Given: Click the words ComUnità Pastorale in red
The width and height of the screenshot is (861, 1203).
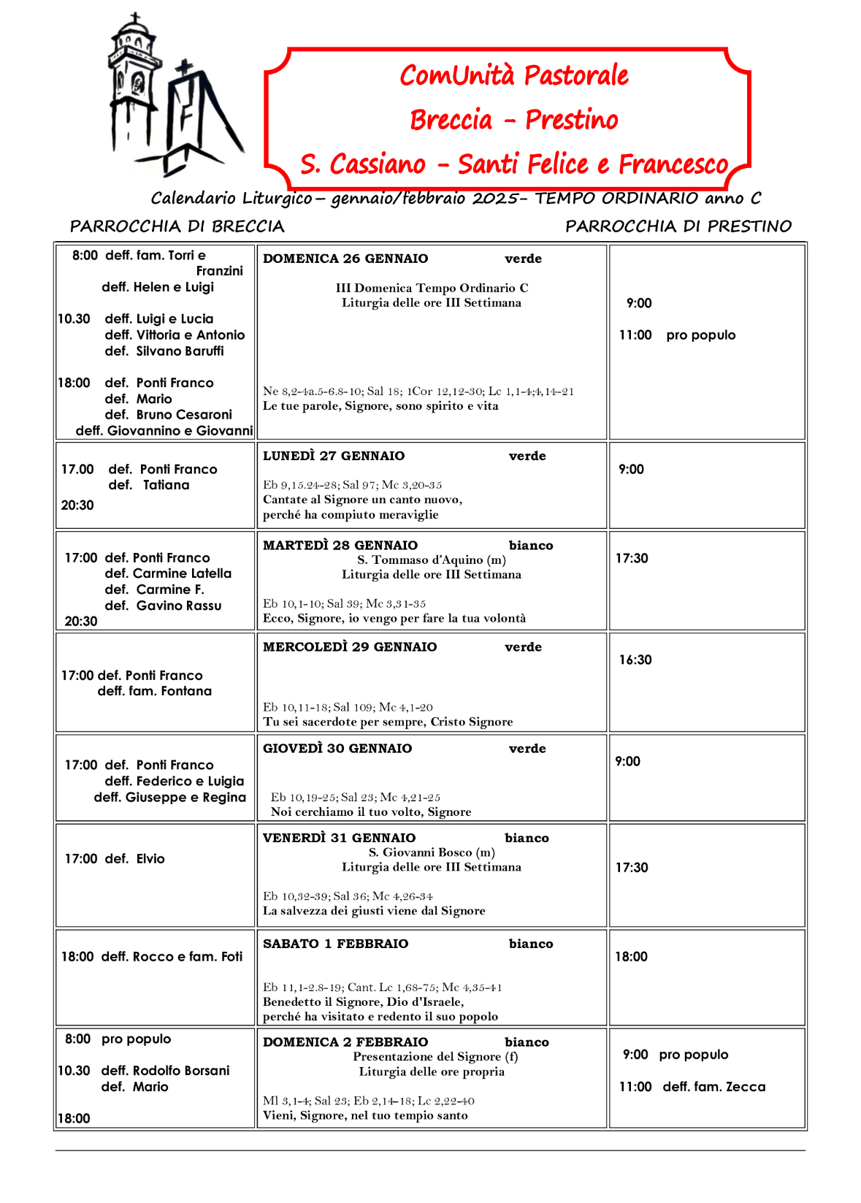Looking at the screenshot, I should coord(513,75).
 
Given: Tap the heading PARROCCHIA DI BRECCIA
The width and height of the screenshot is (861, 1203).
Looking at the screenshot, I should coord(177,226).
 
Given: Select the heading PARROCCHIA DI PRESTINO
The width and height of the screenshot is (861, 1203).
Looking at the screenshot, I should coord(678,226).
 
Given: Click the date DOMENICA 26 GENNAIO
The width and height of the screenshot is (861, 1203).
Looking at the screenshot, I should coord(345,259).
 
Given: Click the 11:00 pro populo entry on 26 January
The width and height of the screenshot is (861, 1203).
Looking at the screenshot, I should coord(677,335).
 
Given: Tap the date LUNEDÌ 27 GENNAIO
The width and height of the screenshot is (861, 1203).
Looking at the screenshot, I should coord(334,456).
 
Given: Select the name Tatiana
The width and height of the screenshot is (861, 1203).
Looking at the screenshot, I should coord(166,485).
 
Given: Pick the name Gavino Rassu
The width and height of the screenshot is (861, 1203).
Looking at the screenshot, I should coord(178,606).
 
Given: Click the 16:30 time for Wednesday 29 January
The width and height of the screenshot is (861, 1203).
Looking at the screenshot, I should coord(635,660).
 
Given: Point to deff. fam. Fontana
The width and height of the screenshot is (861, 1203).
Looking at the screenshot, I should coord(155,691).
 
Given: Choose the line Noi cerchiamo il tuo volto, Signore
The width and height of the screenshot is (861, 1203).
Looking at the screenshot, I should coord(370,812).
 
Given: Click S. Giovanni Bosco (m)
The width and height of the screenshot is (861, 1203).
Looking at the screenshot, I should coord(431,852).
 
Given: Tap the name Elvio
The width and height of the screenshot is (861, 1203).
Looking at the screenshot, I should coord(150,859).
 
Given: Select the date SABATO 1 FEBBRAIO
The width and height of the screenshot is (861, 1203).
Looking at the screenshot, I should coord(335,944).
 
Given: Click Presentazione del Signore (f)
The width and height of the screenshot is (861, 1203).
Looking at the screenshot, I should coord(435,1057).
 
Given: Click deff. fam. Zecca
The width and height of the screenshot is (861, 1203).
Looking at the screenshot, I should coord(713,1087).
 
